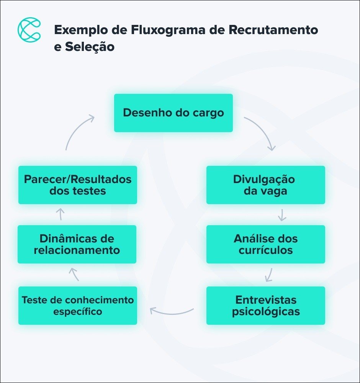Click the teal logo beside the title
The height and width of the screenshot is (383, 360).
click(x=29, y=30)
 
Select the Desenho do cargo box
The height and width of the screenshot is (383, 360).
click(x=173, y=113)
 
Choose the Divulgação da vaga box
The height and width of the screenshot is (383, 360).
click(x=265, y=185)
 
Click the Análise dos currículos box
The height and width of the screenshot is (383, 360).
click(x=265, y=244)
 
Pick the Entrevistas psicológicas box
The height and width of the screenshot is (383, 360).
click(x=265, y=305)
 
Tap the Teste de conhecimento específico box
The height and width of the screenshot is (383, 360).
click(x=78, y=305)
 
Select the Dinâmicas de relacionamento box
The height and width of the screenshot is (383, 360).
click(x=77, y=244)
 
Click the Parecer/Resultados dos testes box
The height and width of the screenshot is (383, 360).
click(x=78, y=185)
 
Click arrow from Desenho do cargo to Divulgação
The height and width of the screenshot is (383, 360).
click(x=262, y=132)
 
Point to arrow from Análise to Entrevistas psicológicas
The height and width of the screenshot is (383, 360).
click(x=269, y=275)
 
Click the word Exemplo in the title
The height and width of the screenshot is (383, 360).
click(x=74, y=30)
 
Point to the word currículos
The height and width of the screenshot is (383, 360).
click(x=265, y=250)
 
